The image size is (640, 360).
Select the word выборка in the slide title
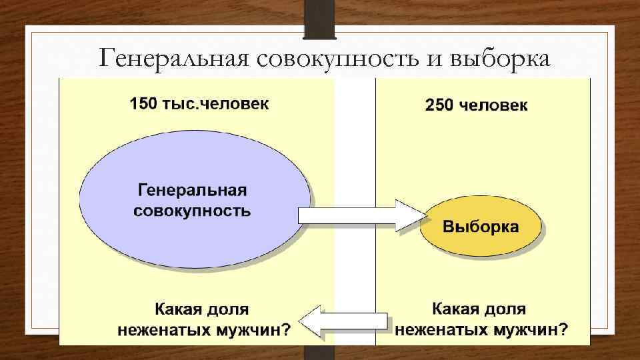point(501,59)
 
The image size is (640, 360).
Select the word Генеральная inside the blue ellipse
point(192,191)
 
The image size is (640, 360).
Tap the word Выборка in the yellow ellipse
point(481,227)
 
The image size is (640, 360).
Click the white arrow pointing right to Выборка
point(360,215)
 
